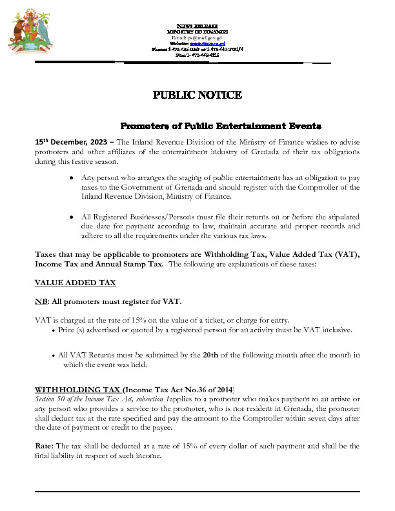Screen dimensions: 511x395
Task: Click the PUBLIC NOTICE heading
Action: point(197,95)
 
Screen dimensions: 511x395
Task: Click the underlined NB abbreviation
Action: point(40,301)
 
